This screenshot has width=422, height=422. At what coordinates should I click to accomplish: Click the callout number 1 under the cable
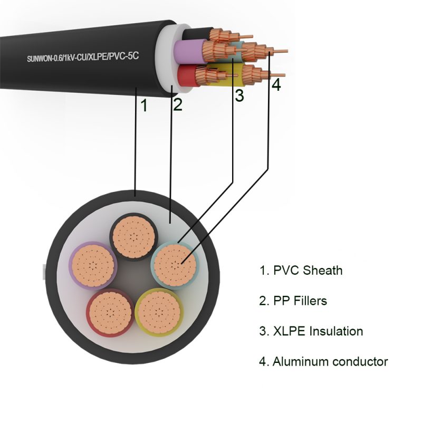pos(143,106)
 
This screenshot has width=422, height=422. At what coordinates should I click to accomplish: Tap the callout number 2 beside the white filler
pos(178,104)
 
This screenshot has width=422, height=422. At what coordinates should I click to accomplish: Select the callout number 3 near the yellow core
pos(239,96)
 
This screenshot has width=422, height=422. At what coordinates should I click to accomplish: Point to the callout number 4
pos(276,84)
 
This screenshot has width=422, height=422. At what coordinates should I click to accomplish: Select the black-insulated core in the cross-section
pos(132,236)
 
